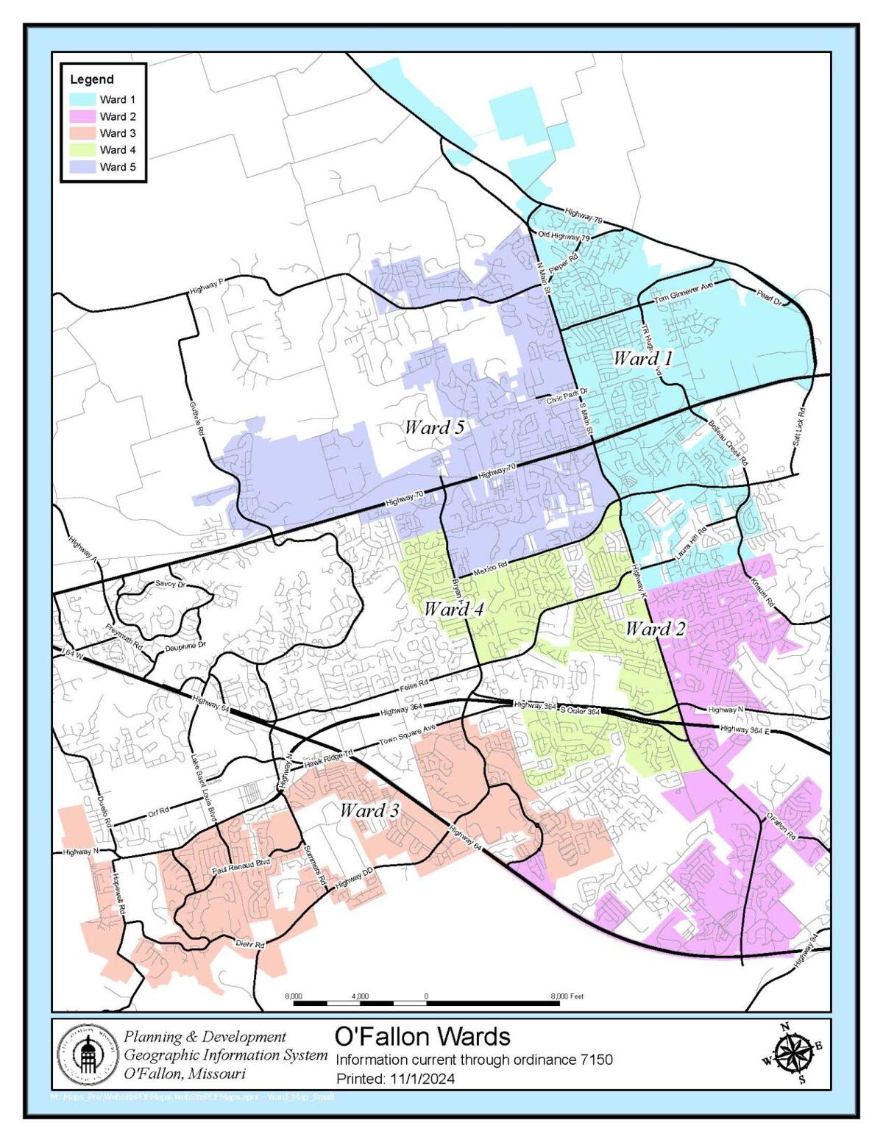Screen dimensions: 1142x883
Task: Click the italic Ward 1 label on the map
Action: (642, 359)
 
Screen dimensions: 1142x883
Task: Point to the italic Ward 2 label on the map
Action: (655, 629)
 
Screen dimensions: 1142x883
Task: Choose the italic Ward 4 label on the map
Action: (453, 609)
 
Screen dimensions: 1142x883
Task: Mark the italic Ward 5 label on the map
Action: (434, 427)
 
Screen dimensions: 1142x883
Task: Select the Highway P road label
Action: (206, 287)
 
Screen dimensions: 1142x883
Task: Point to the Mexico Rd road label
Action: (491, 568)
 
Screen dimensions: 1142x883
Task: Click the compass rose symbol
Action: (792, 1053)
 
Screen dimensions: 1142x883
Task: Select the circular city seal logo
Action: (86, 1054)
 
